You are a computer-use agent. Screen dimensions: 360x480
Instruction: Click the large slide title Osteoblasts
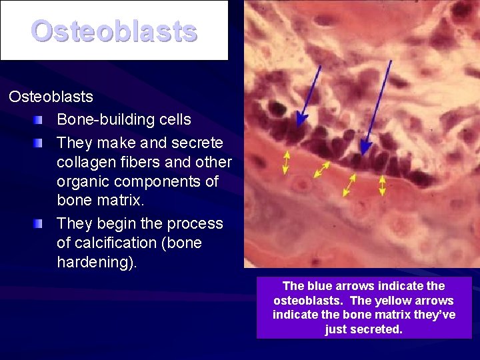click(114, 31)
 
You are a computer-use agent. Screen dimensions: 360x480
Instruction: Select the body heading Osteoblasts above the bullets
click(51, 97)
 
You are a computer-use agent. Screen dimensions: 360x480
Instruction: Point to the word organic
click(83, 181)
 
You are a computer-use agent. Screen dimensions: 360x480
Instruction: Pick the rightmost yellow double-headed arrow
click(382, 185)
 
